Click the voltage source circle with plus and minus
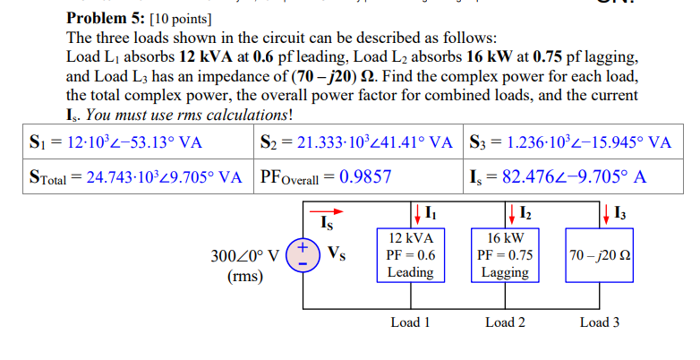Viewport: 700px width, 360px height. click(304, 253)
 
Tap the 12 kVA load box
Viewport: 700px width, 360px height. click(411, 255)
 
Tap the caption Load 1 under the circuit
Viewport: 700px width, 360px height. click(411, 321)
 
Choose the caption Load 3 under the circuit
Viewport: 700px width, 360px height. click(599, 321)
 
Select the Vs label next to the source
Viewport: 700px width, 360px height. click(336, 254)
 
